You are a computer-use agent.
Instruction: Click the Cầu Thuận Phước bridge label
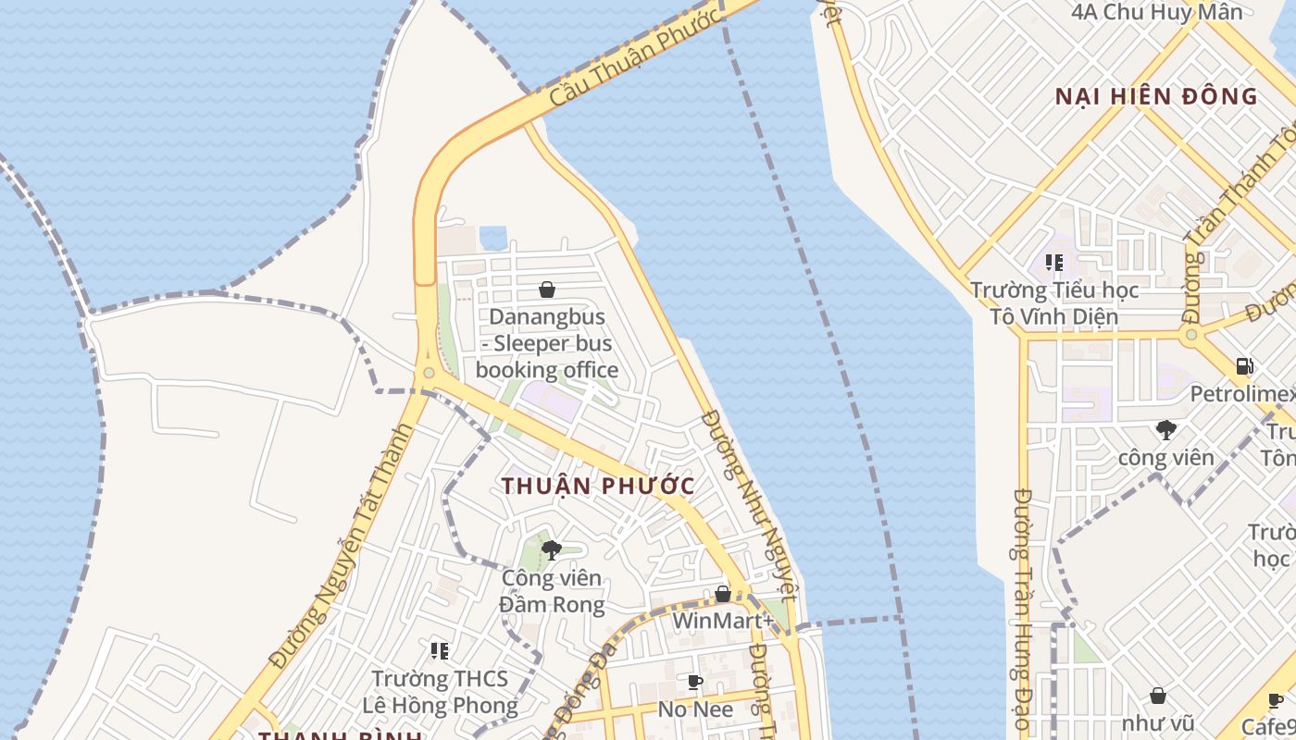click(635, 57)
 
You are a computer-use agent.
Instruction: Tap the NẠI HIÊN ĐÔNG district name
click(1156, 96)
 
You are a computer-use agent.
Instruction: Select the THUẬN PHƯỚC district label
click(598, 486)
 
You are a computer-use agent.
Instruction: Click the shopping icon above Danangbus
click(547, 290)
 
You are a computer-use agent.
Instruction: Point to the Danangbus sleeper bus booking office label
click(547, 343)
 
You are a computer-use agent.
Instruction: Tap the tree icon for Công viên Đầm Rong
click(552, 550)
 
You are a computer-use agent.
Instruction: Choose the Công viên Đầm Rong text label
click(552, 591)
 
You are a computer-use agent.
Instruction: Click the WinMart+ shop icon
click(723, 594)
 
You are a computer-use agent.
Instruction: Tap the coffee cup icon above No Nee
click(695, 683)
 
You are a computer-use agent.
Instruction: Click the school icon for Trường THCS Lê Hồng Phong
click(440, 651)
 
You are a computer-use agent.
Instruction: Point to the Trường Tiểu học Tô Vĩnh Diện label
click(1054, 303)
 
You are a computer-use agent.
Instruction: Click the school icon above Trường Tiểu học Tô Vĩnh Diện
click(1053, 263)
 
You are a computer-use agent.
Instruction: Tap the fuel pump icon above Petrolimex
click(1245, 366)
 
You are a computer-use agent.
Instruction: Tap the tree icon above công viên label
click(1165, 429)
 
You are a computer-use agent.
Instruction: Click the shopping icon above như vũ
click(1157, 696)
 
